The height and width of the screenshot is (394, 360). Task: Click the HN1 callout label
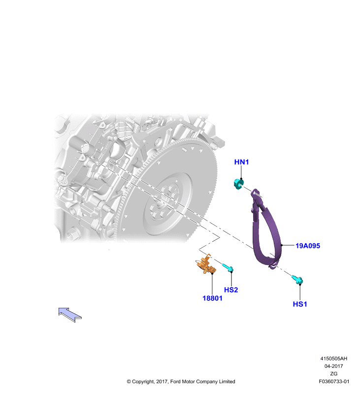pyautogui.click(x=241, y=162)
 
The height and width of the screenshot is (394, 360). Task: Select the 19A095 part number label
pyautogui.click(x=308, y=246)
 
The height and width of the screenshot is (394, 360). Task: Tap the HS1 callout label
pyautogui.click(x=300, y=304)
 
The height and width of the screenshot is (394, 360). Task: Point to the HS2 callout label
pyautogui.click(x=231, y=290)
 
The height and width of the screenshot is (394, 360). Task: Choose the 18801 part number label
pyautogui.click(x=213, y=298)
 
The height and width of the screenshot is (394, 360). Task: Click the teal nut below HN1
pyautogui.click(x=238, y=184)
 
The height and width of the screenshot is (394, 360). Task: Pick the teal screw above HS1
pyautogui.click(x=297, y=280)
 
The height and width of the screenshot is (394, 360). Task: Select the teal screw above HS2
pyautogui.click(x=228, y=268)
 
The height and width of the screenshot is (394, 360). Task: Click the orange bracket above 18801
pyautogui.click(x=206, y=265)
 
